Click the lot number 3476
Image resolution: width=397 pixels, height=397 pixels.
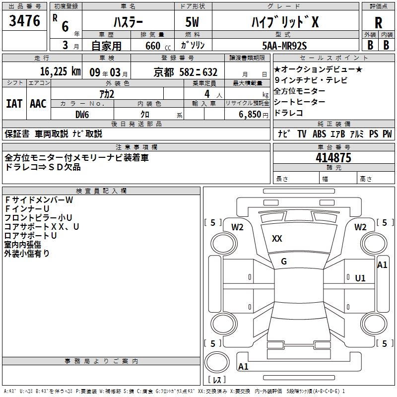click(25, 21)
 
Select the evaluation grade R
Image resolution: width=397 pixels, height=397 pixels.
click(378, 22)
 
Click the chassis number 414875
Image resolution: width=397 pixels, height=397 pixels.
click(333, 158)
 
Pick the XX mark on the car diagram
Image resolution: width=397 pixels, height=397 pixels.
click(277, 239)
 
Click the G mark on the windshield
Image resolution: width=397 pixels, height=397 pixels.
click(284, 262)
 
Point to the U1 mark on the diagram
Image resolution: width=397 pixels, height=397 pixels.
click(360, 278)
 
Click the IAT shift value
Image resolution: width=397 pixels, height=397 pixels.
click(14, 103)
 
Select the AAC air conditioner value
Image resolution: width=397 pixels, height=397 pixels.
click(38, 103)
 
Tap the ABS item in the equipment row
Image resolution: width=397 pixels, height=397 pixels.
click(320, 134)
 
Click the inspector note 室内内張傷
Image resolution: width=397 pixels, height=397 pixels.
click(23, 245)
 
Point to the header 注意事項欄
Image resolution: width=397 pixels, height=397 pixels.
click(136, 147)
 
